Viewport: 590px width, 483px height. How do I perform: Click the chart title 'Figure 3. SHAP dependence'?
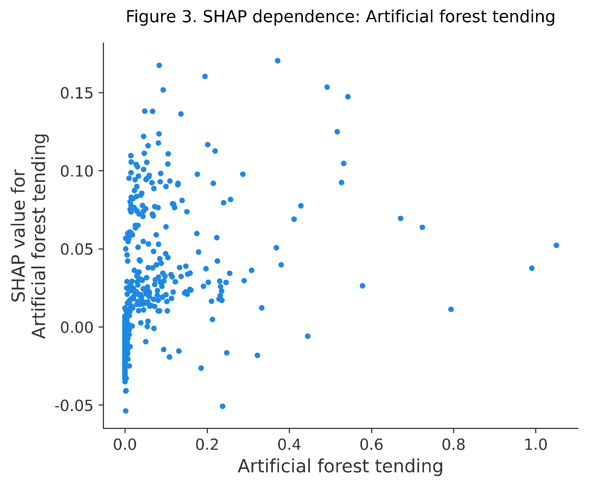coord(340,17)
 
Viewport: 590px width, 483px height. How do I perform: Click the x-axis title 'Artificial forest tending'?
coord(340,467)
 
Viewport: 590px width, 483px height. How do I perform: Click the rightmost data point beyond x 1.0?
coord(556,245)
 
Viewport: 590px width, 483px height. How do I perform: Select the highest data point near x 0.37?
coord(278,61)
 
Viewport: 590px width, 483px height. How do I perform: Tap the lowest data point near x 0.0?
coord(126,411)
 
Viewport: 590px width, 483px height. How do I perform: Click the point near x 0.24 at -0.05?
coord(222,406)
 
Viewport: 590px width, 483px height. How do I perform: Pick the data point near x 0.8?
coord(451,309)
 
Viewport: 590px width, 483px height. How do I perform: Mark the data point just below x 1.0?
coord(532,268)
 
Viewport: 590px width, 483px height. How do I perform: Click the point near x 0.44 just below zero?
coord(308,336)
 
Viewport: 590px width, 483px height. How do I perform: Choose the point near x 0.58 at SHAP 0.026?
coord(362,286)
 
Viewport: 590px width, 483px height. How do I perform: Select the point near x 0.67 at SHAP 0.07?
coord(401,218)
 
